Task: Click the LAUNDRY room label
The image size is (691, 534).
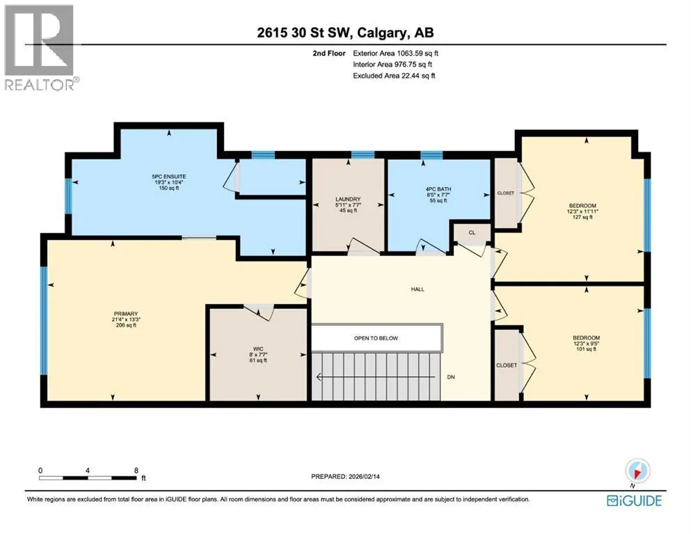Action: click(348, 200)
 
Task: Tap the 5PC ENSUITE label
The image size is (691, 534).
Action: click(169, 177)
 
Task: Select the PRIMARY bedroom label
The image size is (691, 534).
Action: click(125, 314)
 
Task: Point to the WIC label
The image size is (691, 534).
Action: click(258, 348)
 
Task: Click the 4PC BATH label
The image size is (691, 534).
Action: click(438, 189)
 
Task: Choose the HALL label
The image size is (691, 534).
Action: click(418, 289)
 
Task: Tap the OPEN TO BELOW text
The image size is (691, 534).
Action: click(376, 338)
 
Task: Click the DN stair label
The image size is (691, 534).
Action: click(451, 377)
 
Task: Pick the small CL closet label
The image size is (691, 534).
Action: click(472, 232)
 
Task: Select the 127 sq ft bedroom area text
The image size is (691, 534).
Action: click(582, 217)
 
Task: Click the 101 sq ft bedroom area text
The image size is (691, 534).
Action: click(586, 349)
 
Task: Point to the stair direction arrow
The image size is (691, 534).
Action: click(376, 377)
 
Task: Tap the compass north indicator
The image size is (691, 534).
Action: click(637, 472)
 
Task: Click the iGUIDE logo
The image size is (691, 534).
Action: click(634, 501)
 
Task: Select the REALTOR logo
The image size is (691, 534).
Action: click(41, 47)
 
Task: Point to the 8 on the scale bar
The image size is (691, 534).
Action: click(136, 470)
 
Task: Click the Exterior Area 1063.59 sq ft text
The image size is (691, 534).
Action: click(396, 54)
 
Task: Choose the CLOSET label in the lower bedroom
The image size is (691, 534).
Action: click(507, 366)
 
